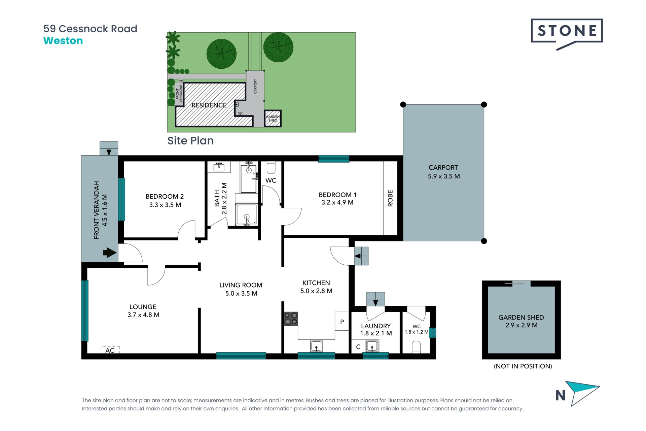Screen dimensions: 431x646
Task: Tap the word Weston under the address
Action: (x=63, y=41)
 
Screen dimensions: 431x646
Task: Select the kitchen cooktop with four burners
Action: (x=291, y=319)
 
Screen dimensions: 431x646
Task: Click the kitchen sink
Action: (x=316, y=346)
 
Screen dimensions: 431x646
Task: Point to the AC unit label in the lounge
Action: (x=110, y=350)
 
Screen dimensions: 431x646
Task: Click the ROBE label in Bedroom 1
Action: (x=390, y=198)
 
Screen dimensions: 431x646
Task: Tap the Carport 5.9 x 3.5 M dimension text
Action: (x=443, y=176)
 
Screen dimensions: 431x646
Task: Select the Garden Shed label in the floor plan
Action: (x=521, y=318)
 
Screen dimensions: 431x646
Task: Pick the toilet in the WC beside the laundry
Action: (x=416, y=347)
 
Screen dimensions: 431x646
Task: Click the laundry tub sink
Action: (x=372, y=346)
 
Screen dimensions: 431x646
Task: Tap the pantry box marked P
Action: (x=342, y=322)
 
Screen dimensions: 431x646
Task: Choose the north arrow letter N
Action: (x=560, y=396)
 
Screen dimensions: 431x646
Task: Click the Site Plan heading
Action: (x=190, y=141)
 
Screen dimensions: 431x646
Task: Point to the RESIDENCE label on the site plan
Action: (x=209, y=105)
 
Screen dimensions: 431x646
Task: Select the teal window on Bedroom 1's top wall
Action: (x=334, y=159)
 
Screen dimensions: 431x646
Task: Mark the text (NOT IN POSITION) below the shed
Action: (x=523, y=366)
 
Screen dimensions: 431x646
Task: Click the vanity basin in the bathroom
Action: (x=219, y=166)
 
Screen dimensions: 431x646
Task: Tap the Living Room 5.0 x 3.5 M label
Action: (x=241, y=289)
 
